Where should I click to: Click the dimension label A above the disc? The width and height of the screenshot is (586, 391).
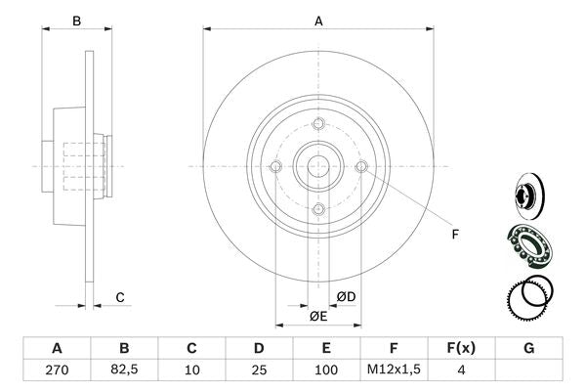[318, 20]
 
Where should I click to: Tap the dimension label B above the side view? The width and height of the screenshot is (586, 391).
[77, 20]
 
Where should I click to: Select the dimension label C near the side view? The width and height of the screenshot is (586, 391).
[119, 296]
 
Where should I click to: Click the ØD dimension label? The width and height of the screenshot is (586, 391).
[346, 296]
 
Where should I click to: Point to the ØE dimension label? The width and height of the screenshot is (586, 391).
[318, 317]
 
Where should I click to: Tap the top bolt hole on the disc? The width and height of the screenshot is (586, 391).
[318, 123]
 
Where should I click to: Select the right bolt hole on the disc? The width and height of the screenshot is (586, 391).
[361, 167]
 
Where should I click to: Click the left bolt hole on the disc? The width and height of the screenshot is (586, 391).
[275, 167]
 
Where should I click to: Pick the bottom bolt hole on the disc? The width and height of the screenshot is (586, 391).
[318, 210]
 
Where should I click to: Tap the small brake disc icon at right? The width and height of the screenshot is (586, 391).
[528, 194]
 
